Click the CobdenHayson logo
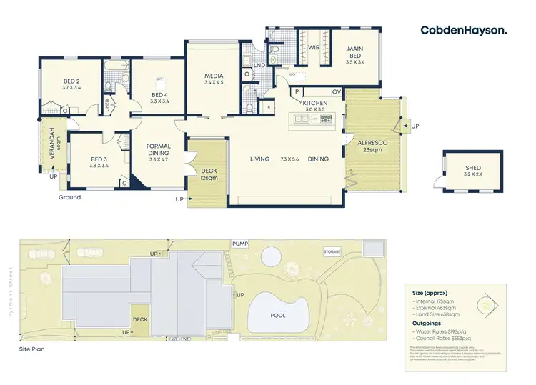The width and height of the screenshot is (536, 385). click(x=464, y=30)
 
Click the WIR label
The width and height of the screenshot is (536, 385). click(x=313, y=48)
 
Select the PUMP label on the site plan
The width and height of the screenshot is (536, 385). click(x=239, y=244)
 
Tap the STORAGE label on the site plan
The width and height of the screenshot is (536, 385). click(x=332, y=251)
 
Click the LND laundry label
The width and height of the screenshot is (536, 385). click(x=261, y=65)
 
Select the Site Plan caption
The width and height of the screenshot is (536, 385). click(x=33, y=351)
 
